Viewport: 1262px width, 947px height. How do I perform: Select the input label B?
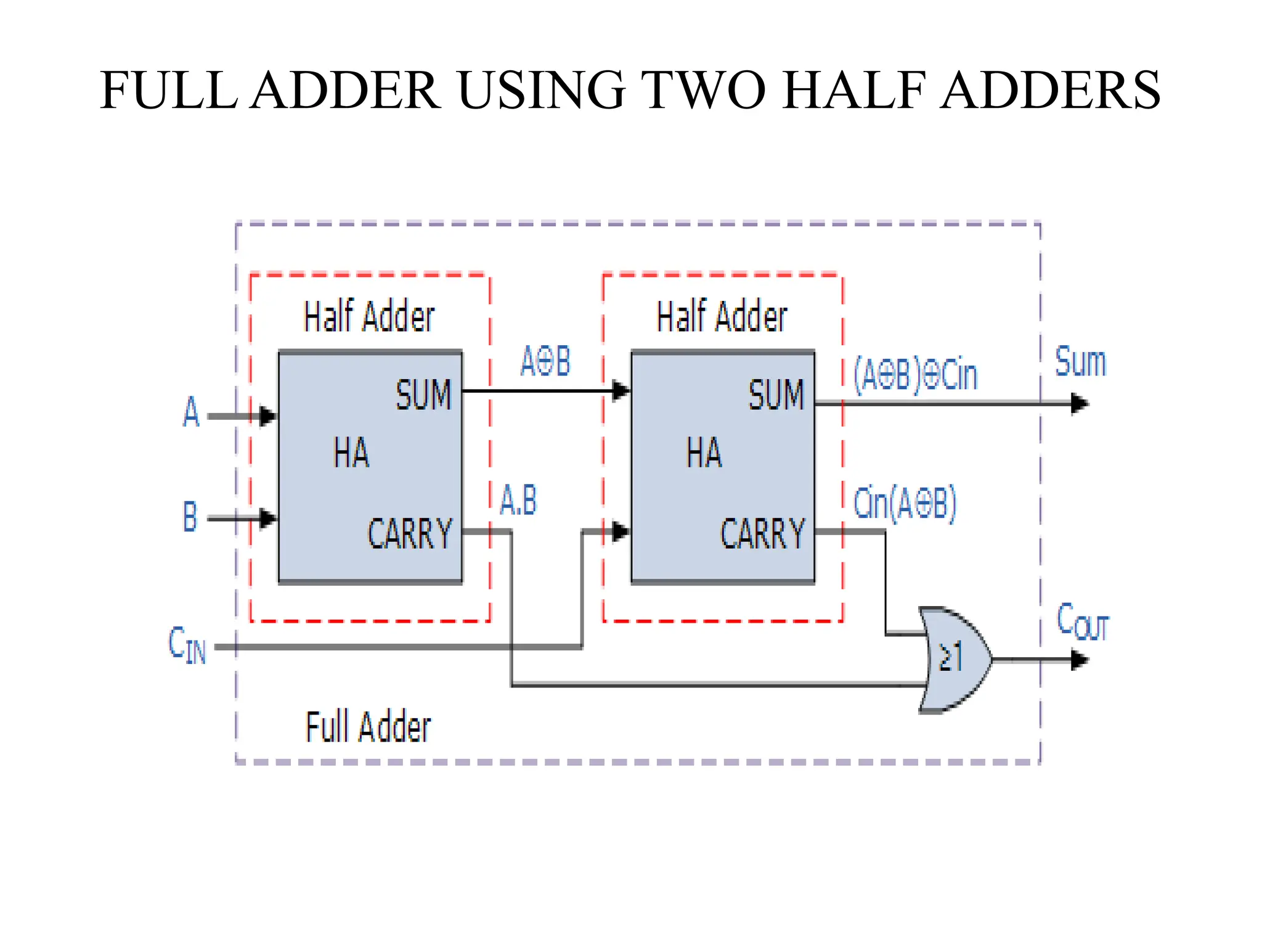pos(190,517)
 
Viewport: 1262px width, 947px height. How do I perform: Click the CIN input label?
pos(187,645)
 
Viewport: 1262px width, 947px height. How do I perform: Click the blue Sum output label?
pos(1080,362)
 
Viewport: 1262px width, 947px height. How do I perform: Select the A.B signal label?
pos(518,500)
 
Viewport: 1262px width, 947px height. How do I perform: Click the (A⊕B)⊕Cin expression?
pos(915,374)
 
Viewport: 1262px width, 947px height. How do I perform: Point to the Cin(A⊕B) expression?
pos(905,503)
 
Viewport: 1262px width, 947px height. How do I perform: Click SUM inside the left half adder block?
pos(423,395)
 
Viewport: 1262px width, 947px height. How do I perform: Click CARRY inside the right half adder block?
pos(762,534)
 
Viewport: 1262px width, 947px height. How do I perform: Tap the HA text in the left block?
pos(351,453)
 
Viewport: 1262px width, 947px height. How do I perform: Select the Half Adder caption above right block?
pos(722,317)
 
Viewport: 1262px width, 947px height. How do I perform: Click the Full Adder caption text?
pos(368,727)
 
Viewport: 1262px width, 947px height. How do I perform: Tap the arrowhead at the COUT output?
pos(1080,660)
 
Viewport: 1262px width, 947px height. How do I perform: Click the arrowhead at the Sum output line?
pos(1080,404)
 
